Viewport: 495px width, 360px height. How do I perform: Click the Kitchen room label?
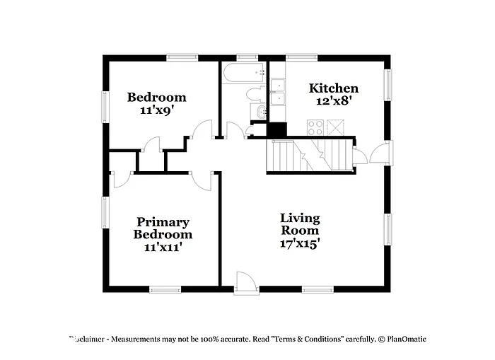pyautogui.click(x=334, y=88)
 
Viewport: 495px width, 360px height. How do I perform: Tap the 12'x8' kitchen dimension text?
pyautogui.click(x=334, y=100)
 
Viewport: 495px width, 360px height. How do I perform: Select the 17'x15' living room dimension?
pyautogui.click(x=300, y=243)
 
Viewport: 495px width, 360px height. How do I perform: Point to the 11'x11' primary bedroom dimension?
pyautogui.click(x=163, y=247)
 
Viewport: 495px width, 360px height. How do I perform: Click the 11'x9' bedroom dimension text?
pyautogui.click(x=156, y=110)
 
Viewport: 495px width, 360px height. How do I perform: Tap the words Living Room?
pyautogui.click(x=300, y=223)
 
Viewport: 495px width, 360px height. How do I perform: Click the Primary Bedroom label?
pyautogui.click(x=163, y=228)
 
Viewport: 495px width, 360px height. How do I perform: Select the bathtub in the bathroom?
pyautogui.click(x=243, y=72)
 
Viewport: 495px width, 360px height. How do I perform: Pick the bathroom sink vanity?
pyautogui.click(x=259, y=112)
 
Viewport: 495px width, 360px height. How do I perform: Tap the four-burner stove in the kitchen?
pyautogui.click(x=315, y=127)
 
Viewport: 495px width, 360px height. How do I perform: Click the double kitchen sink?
pyautogui.click(x=278, y=92)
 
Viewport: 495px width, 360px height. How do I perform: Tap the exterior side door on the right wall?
pyautogui.click(x=379, y=151)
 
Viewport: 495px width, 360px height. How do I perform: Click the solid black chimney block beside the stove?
pyautogui.click(x=277, y=130)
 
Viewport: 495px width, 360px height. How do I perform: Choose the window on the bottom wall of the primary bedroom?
pyautogui.click(x=165, y=289)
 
